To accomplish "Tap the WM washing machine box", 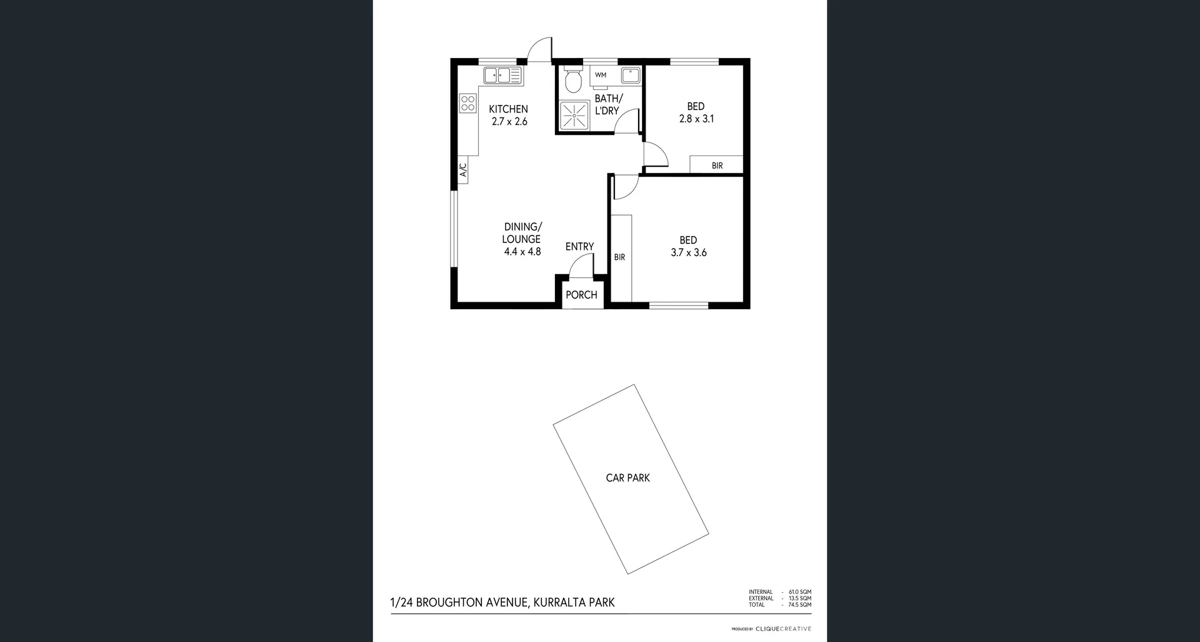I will (601, 75).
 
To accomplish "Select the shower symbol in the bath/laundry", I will (574, 116).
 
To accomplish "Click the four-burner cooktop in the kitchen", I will (467, 104).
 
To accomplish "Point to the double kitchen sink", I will (502, 76).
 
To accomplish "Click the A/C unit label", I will (463, 170).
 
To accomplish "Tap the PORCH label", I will (581, 295).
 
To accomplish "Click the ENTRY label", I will (579, 247).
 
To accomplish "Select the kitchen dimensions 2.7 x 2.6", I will (509, 122).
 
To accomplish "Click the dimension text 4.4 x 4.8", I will (522, 252).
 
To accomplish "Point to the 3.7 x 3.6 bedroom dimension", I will (689, 253).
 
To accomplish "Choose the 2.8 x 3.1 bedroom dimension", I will (696, 119).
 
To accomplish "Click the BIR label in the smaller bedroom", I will (717, 165).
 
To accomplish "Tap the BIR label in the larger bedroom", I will (619, 257).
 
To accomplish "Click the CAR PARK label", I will (627, 478).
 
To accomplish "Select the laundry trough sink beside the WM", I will (630, 75).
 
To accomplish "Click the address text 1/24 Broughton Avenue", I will (502, 603).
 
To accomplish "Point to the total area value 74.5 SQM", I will (799, 605).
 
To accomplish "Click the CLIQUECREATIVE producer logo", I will (783, 629).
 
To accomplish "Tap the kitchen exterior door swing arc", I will (539, 49).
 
